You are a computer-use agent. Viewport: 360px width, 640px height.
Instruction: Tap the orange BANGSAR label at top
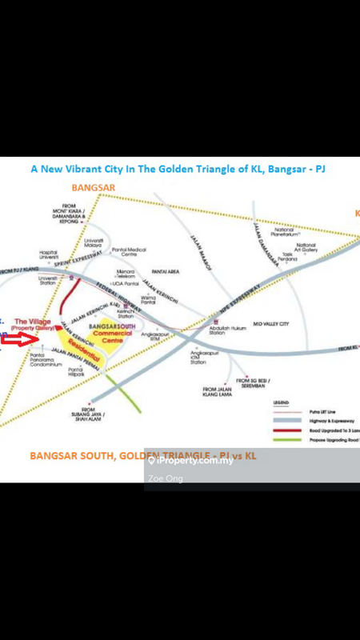point(94,187)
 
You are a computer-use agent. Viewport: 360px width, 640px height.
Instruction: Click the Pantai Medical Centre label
point(129,252)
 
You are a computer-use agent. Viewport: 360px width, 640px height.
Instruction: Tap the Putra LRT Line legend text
point(323,410)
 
